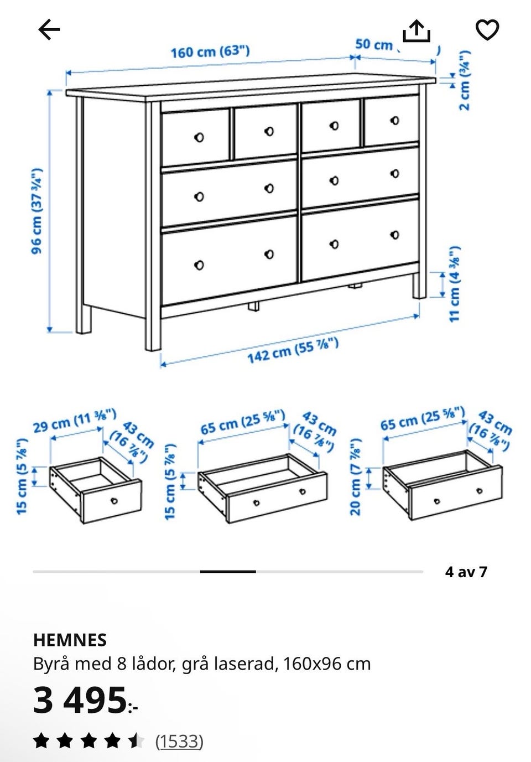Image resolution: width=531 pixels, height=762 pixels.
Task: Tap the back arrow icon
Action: (x=49, y=29)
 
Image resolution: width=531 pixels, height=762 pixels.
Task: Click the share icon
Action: (x=417, y=32)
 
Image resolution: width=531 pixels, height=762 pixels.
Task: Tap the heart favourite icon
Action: (x=487, y=29)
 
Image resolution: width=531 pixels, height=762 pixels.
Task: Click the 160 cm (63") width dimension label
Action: (x=210, y=51)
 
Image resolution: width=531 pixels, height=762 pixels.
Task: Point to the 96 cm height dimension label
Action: (x=37, y=211)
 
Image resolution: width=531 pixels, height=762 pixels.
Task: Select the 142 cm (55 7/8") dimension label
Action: (x=293, y=350)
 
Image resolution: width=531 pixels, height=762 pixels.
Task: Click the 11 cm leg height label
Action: (x=455, y=284)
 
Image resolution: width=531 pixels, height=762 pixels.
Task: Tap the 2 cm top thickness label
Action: (x=465, y=80)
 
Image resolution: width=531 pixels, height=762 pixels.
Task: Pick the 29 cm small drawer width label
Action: (x=75, y=421)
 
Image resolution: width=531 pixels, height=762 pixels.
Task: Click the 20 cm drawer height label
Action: (x=355, y=477)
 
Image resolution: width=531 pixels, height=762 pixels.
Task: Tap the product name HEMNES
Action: (x=70, y=640)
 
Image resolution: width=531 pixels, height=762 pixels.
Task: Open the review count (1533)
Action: (x=179, y=741)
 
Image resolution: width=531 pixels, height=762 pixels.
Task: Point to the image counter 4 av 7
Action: (x=466, y=572)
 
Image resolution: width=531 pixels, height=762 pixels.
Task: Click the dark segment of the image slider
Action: (x=228, y=572)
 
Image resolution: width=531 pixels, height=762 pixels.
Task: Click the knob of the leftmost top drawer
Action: (x=199, y=137)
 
